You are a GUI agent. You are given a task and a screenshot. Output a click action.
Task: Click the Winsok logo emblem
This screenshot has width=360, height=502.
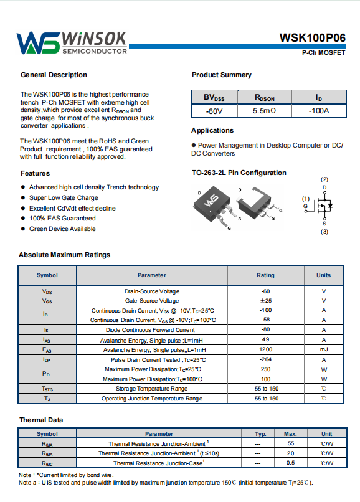38,43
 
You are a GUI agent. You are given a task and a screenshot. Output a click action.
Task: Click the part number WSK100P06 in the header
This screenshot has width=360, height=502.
312,38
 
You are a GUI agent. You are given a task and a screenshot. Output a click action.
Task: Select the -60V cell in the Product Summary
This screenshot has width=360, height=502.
214,111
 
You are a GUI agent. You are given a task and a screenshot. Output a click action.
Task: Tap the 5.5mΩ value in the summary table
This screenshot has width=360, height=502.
264,111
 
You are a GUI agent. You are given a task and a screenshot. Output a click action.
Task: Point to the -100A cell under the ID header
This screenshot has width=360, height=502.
319,111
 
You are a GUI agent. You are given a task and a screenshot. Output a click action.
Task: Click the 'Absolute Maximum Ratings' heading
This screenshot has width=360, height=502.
64,255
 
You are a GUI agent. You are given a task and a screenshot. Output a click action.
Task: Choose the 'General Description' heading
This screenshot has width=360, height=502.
54,75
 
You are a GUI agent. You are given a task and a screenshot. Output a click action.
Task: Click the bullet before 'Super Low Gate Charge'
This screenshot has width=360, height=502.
23,197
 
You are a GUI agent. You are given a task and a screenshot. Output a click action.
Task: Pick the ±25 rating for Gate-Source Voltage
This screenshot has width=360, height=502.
265,301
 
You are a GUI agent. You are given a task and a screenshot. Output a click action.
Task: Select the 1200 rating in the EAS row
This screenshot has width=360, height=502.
265,349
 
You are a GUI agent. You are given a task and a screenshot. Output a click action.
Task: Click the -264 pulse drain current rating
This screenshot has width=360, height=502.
265,359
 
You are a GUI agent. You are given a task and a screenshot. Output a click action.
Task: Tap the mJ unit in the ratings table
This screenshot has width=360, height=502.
324,349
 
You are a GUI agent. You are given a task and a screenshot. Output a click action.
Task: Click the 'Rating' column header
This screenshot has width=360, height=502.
265,275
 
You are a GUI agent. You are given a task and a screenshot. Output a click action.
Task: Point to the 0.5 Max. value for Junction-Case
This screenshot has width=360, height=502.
290,463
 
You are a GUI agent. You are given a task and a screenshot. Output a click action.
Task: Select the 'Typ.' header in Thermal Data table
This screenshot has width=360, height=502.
260,434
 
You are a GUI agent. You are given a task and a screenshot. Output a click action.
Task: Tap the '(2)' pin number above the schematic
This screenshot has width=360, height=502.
324,179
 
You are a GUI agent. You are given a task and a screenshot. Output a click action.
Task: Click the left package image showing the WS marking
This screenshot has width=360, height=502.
212,207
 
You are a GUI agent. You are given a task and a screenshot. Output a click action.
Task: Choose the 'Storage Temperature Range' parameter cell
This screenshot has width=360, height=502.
151,389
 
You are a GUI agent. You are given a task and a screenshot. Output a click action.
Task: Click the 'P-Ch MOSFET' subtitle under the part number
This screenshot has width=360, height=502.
323,52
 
